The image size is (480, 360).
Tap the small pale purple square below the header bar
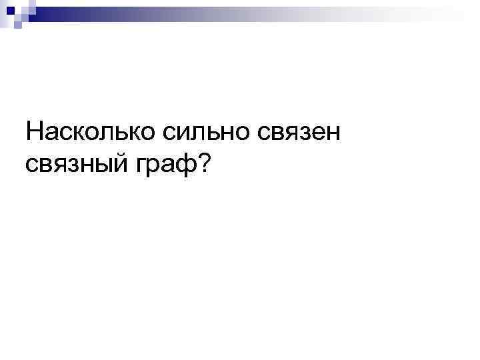[17, 25]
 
